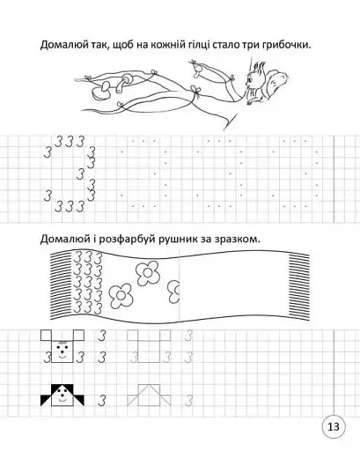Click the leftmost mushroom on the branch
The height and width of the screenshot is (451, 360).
coord(103,86)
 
